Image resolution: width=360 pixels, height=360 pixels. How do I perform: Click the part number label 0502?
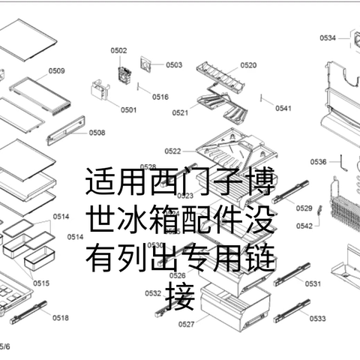118,50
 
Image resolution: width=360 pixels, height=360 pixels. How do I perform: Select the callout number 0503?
174,65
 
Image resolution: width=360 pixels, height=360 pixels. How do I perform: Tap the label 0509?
57,71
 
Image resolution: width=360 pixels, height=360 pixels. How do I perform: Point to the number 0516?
160,97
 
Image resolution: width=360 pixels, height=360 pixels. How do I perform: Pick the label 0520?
247,66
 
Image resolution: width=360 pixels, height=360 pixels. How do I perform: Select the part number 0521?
179,113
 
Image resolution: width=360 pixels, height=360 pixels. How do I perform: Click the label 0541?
283,109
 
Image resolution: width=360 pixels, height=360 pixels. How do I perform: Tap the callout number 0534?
328,37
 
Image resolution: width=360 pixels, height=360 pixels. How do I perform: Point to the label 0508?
97,133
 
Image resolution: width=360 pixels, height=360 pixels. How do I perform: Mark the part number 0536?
318,161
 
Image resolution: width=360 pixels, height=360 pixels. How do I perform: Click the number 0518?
61,318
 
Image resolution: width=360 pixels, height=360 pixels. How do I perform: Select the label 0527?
187,324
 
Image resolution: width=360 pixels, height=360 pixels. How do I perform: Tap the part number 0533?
316,319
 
